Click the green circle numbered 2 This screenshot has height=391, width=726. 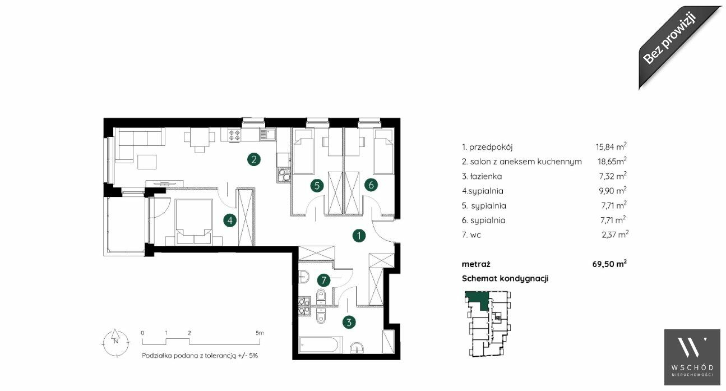click(254, 159)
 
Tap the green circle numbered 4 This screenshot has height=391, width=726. click(230, 221)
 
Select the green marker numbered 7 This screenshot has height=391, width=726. click(323, 280)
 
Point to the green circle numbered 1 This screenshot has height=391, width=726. click(359, 236)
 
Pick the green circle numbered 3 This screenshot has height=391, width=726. click(349, 322)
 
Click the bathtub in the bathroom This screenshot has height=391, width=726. click(320, 346)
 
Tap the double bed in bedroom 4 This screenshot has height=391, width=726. click(193, 222)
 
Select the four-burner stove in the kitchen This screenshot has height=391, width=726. click(234, 135)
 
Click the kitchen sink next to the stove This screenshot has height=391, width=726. click(267, 135)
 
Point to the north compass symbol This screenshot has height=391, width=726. click(115, 342)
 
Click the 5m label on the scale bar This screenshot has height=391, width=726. click(260, 333)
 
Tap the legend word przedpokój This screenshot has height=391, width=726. click(491, 147)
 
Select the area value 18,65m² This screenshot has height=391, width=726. click(612, 161)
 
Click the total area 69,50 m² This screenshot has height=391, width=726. click(609, 264)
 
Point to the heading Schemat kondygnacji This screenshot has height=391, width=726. click(505, 278)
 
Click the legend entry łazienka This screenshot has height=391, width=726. click(482, 176)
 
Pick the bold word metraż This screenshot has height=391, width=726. click(476, 264)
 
